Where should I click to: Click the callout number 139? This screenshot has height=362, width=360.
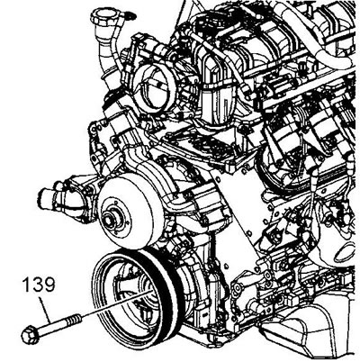39,285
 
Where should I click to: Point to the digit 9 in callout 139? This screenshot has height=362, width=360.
49,285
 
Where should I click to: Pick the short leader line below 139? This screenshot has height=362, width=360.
46,308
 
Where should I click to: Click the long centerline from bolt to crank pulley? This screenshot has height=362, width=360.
116,303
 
